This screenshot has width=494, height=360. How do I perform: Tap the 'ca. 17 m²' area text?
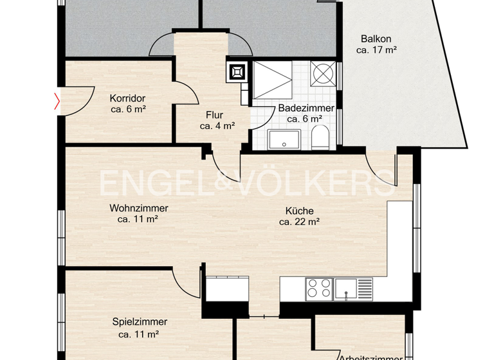point(376,50)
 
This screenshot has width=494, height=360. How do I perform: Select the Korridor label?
point(127,98)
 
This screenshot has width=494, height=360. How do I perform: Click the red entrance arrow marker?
point(57,101)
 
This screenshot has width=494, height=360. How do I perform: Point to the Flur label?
point(214,115)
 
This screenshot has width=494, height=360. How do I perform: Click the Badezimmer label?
point(306,108)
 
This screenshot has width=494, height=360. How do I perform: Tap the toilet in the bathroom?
point(321,138)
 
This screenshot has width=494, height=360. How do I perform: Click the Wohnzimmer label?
point(139,208)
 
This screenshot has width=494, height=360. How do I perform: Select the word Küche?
point(299,211)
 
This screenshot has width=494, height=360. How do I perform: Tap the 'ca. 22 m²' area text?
point(299,222)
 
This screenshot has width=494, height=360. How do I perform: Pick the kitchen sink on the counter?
point(352,289)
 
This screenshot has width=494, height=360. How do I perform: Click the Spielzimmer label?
point(140,322)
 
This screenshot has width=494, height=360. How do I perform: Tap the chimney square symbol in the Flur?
point(236,71)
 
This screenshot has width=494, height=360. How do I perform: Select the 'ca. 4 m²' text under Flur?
point(217,126)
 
